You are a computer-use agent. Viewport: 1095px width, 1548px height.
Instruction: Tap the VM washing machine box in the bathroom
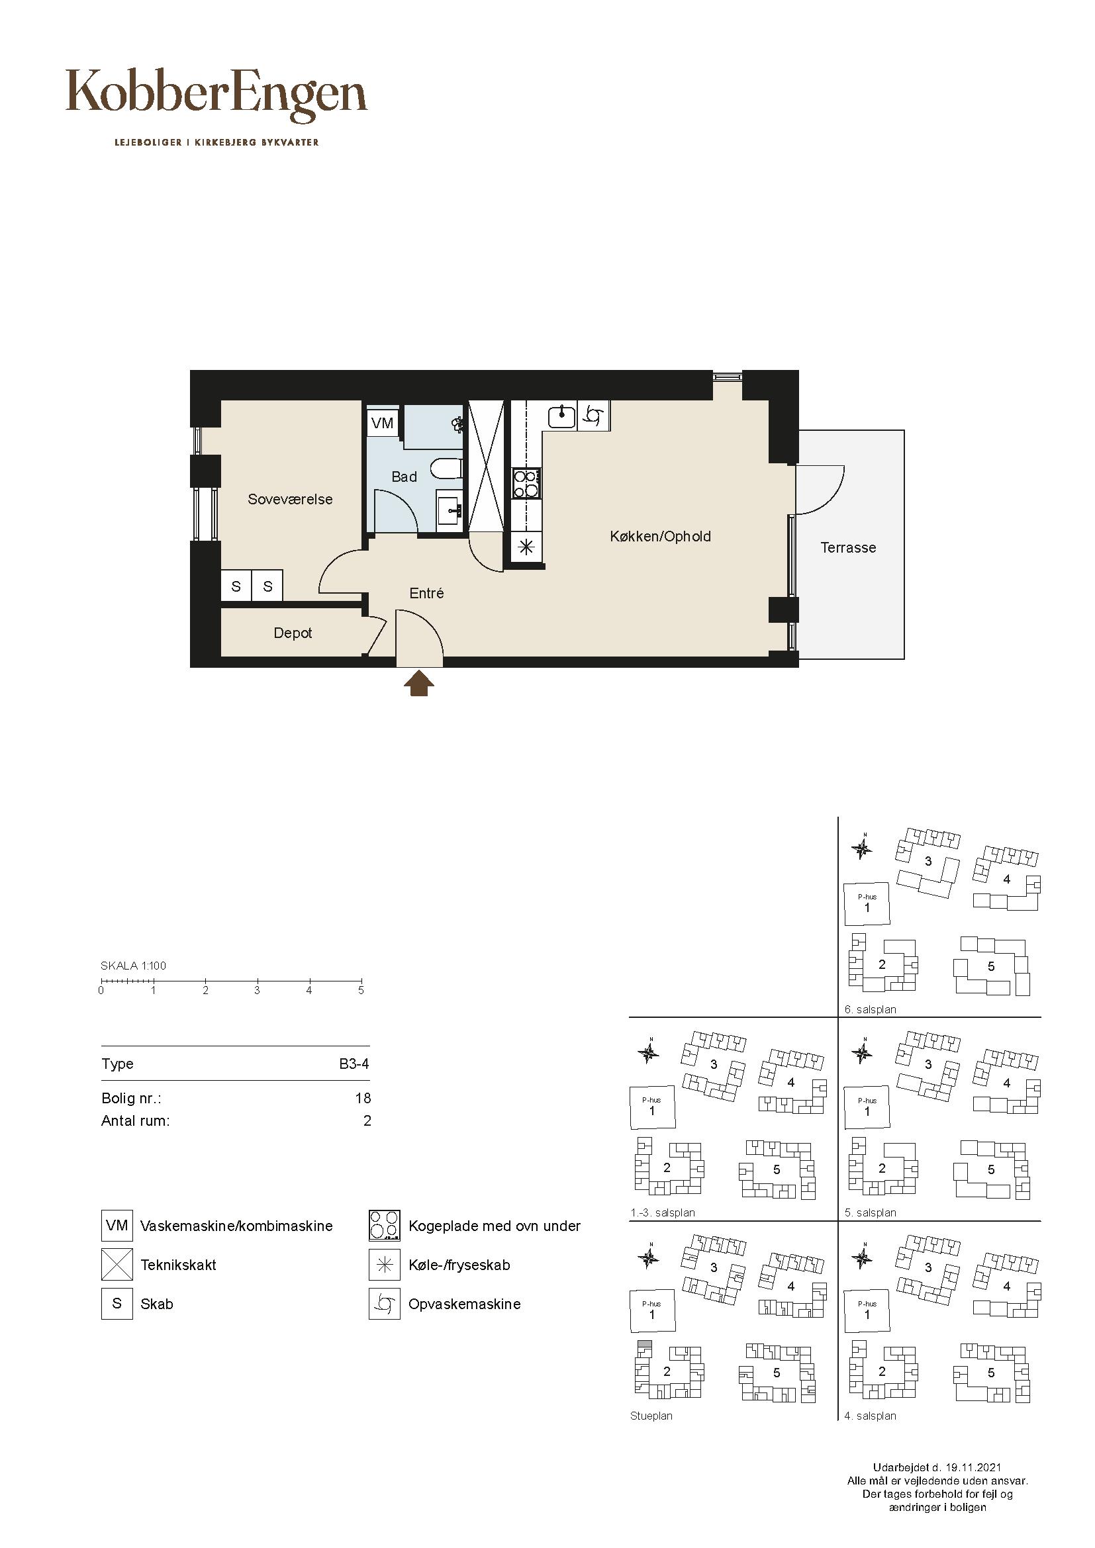point(382,423)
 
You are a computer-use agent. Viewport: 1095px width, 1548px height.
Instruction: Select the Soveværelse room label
point(290,500)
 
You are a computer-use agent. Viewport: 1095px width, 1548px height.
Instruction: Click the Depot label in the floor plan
point(293,633)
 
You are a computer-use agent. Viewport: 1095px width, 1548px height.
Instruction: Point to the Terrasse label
point(848,547)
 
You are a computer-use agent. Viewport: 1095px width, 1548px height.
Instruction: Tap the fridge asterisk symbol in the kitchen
point(526,547)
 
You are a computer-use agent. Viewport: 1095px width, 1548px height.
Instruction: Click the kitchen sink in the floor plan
point(561,416)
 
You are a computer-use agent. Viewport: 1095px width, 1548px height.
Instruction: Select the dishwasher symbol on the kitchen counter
point(594,416)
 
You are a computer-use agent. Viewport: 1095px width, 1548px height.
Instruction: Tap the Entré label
point(427,593)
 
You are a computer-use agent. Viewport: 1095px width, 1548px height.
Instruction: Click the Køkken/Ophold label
point(660,537)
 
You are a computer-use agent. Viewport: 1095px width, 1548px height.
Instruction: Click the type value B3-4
point(354,1064)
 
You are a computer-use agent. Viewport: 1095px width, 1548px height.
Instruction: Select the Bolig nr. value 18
point(363,1099)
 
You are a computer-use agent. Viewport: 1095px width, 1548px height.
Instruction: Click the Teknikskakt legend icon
point(117,1265)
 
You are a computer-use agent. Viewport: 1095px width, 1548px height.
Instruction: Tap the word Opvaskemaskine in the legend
point(465,1304)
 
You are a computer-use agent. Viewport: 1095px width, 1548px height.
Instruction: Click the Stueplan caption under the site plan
point(651,1416)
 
